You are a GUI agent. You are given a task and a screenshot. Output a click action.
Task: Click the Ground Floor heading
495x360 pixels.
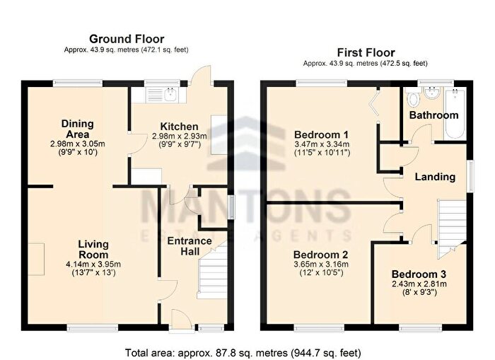click(x=127, y=39)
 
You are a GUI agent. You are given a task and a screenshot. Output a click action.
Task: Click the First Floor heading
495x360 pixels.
click(x=366, y=52)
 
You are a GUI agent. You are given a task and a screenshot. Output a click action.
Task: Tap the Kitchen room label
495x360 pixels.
click(x=180, y=127)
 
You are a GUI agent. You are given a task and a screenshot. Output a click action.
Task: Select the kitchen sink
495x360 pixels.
click(x=171, y=94)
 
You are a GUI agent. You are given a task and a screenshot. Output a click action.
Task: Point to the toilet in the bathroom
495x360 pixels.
click(x=412, y=98)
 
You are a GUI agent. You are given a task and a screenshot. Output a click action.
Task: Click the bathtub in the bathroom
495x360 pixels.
click(x=455, y=114)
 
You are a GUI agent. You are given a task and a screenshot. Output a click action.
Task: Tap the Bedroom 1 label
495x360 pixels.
click(x=321, y=135)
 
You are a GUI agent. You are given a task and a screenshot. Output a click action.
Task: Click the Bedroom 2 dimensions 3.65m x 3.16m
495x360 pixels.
click(x=321, y=265)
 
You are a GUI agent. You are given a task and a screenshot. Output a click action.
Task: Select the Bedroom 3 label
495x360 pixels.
click(x=419, y=274)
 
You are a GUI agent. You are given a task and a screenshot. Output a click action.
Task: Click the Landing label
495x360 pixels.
click(x=435, y=177)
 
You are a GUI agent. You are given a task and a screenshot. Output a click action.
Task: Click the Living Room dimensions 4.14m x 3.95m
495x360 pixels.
click(x=93, y=264)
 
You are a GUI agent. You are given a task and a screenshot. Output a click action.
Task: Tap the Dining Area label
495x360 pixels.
click(x=77, y=129)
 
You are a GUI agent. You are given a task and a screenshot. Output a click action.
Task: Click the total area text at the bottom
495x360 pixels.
click(x=243, y=352)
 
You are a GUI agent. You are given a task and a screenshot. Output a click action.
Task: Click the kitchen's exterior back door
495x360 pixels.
click(x=202, y=75)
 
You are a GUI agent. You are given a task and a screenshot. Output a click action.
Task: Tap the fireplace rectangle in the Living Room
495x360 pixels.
click(x=36, y=260)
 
